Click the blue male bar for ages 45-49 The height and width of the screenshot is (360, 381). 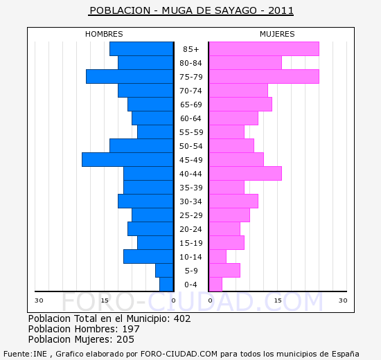(x=127, y=160)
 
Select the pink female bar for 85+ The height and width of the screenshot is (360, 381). (x=263, y=49)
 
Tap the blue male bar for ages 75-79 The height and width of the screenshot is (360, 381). (x=129, y=77)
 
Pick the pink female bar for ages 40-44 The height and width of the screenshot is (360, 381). (x=245, y=174)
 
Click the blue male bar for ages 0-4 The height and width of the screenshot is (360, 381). (x=166, y=285)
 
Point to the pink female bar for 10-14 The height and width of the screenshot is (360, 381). (x=218, y=257)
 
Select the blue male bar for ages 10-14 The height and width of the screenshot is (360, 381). (x=148, y=257)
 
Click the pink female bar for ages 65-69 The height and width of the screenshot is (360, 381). (x=240, y=105)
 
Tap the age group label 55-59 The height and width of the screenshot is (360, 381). (x=190, y=132)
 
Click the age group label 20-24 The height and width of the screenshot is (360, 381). (x=190, y=229)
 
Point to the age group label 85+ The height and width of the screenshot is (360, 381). (x=190, y=49)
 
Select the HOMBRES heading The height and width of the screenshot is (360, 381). (x=104, y=34)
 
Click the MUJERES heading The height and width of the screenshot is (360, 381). (x=277, y=34)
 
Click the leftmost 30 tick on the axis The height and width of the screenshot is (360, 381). (x=39, y=300)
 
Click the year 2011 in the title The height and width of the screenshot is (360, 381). (x=281, y=10)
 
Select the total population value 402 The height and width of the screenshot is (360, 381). (x=182, y=318)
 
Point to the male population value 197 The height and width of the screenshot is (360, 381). (x=131, y=329)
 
